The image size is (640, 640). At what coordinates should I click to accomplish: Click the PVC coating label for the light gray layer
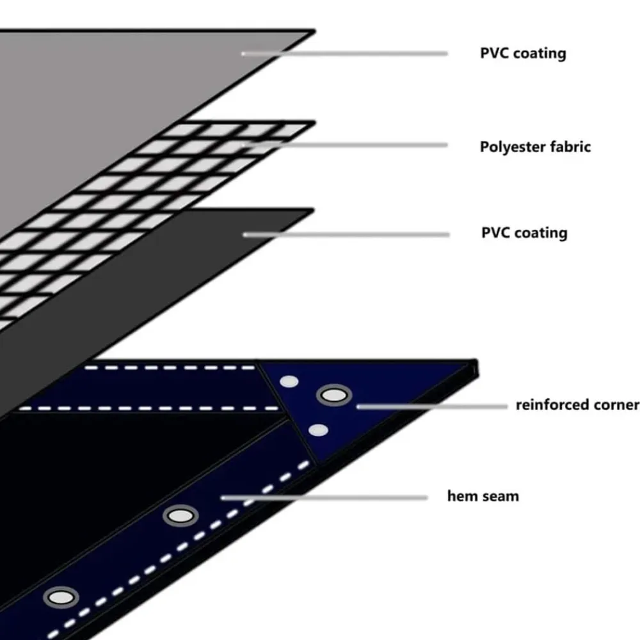(x=523, y=54)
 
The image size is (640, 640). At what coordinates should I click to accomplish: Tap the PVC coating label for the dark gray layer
(x=524, y=233)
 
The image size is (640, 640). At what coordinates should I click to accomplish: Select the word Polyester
(x=512, y=147)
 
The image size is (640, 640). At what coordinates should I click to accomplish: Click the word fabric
(x=570, y=147)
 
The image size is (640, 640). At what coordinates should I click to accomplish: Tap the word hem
(x=463, y=496)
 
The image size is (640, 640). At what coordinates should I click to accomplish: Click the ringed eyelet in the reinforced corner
(x=334, y=395)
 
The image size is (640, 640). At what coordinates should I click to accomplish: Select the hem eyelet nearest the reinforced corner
(x=181, y=516)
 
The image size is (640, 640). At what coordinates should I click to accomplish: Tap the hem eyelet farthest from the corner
(x=61, y=598)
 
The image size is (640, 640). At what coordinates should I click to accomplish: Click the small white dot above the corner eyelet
(x=289, y=381)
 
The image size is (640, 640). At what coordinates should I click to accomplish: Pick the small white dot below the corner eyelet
(x=318, y=430)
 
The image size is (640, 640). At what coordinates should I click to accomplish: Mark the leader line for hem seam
(x=324, y=498)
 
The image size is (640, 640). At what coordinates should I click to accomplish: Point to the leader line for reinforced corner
(x=432, y=406)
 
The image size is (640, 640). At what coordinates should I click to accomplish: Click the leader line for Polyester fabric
(x=345, y=145)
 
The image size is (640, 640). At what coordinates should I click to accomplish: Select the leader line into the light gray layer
(x=345, y=54)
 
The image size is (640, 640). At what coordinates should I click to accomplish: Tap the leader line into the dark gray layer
(x=346, y=235)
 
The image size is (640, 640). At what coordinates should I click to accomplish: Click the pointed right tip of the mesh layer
(x=315, y=122)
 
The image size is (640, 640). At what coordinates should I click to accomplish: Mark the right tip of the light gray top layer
(x=315, y=31)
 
